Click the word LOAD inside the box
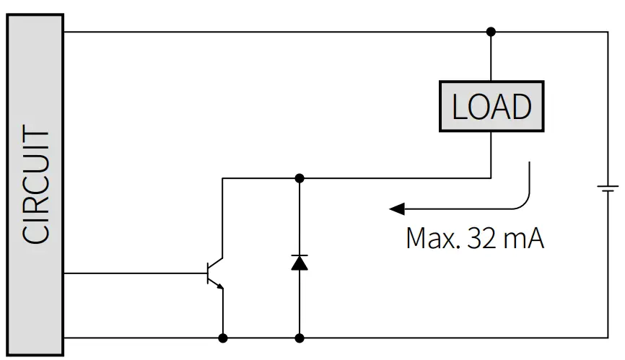(x=491, y=107)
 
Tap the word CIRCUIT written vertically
(x=35, y=186)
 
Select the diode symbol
(x=300, y=262)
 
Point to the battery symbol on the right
(x=608, y=189)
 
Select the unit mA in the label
(x=525, y=237)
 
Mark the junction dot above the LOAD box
(x=491, y=32)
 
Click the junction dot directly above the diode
(x=300, y=177)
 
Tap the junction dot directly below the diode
(x=300, y=338)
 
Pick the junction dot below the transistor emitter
(x=223, y=338)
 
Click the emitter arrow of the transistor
(x=219, y=286)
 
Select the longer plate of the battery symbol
(x=608, y=185)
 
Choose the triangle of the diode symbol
(x=300, y=264)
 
